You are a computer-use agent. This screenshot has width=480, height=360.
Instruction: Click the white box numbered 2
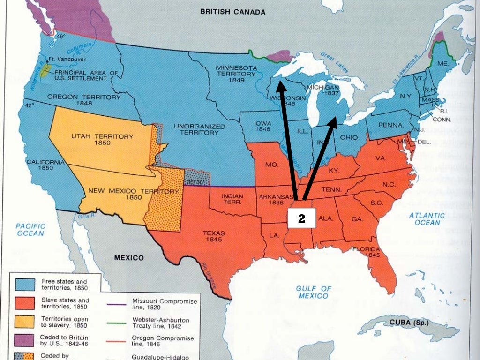click(x=302, y=218)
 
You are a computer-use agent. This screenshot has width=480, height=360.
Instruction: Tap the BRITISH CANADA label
click(x=232, y=12)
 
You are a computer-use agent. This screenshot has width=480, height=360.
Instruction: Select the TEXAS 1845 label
click(x=214, y=236)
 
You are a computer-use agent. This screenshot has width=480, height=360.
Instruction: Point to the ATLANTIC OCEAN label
click(x=427, y=219)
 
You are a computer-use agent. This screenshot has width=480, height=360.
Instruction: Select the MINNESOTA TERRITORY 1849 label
click(x=236, y=74)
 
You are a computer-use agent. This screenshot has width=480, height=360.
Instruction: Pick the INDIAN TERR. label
click(x=232, y=199)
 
